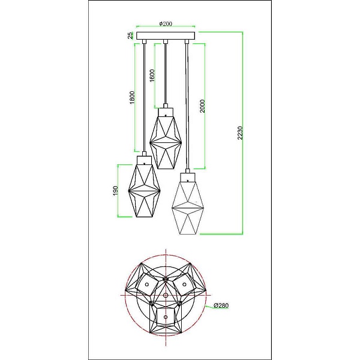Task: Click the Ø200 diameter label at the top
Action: click(166, 23)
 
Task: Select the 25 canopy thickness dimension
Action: click(130, 35)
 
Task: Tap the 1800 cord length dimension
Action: click(132, 98)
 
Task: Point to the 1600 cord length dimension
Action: click(152, 76)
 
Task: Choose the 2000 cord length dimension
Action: click(202, 106)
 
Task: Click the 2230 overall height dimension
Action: click(240, 133)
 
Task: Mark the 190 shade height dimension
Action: click(115, 191)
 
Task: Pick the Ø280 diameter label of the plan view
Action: click(221, 305)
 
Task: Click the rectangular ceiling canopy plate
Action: click(166, 35)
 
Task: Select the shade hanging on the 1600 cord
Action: click(166, 142)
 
